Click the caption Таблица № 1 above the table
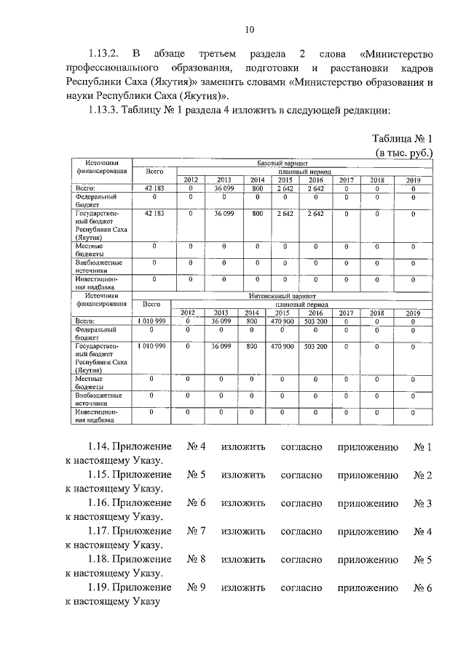pyautogui.click(x=402, y=139)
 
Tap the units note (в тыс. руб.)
pyautogui.click(x=404, y=153)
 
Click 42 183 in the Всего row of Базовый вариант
pyautogui.click(x=153, y=188)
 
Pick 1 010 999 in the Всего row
pyautogui.click(x=151, y=321)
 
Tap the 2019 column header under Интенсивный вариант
pyautogui.click(x=412, y=313)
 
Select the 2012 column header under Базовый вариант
pyautogui.click(x=190, y=180)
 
